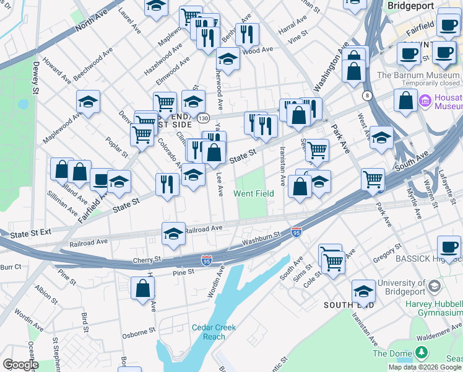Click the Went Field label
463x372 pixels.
(254, 193)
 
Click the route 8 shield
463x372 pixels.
(367, 95)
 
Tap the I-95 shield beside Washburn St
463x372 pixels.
(296, 231)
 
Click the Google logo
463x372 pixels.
(20, 365)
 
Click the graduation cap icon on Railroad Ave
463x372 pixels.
(173, 234)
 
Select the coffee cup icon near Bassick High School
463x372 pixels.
(449, 248)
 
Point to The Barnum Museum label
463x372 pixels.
(418, 76)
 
